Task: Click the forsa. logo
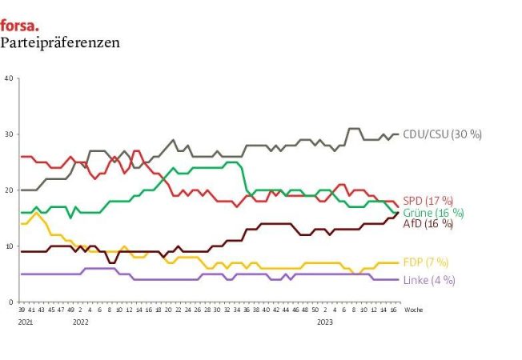(19, 25)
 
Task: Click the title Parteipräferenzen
(60, 43)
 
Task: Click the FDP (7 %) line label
(426, 262)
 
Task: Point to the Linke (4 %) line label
(429, 280)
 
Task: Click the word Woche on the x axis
(413, 309)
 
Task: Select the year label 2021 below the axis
(26, 321)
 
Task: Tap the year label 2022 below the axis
(80, 321)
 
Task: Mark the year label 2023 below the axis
(325, 321)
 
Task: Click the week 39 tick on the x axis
(22, 309)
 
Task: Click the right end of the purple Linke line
(399, 279)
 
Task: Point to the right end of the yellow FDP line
(399, 262)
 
